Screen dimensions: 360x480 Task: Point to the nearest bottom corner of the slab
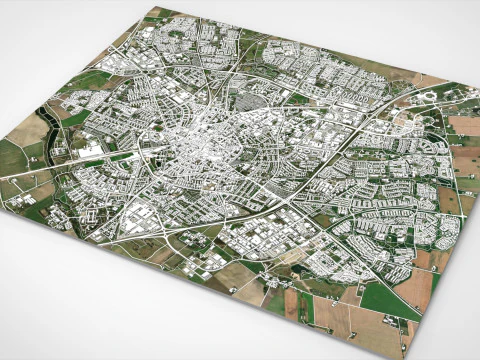click(404, 353)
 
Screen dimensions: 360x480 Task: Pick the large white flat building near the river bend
click(93, 152)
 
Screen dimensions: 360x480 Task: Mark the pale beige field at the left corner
click(29, 130)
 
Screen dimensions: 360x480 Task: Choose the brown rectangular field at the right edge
click(463, 125)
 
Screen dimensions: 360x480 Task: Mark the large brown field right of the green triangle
click(416, 286)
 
